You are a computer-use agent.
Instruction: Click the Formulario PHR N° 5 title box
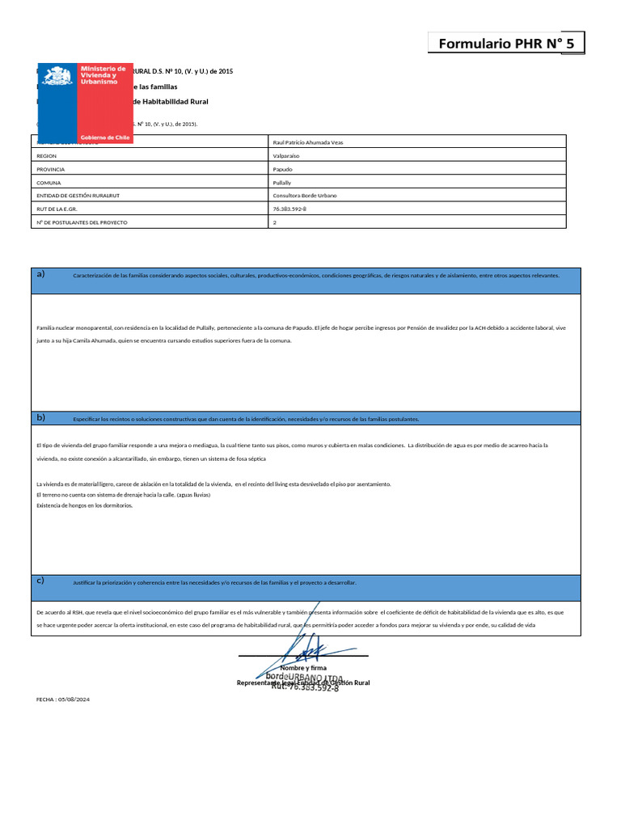point(505,44)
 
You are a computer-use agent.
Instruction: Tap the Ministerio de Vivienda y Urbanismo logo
point(85,103)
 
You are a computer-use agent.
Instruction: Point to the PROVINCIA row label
point(50,169)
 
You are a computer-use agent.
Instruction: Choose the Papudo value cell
point(283,169)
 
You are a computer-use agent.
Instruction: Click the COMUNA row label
point(49,183)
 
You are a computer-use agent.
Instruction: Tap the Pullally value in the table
point(282,183)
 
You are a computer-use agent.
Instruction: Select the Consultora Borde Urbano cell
point(305,196)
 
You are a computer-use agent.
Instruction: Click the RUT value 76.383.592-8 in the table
point(290,209)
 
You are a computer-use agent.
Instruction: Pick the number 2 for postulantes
point(275,222)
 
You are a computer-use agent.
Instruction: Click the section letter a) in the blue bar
point(40,274)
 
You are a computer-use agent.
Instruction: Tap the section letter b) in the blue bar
point(40,417)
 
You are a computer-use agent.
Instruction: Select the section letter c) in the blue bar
point(40,581)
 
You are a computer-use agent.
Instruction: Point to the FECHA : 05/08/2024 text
point(63,699)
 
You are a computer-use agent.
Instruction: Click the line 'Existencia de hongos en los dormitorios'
point(85,505)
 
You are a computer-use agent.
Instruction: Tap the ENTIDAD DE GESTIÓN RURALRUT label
point(78,196)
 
